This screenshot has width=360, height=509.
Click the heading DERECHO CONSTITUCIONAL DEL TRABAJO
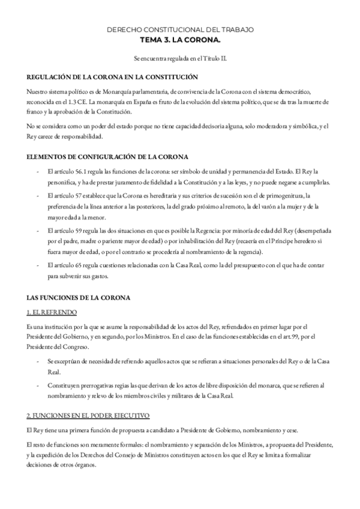coord(179,29)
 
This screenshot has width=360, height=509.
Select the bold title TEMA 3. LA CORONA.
coord(179,39)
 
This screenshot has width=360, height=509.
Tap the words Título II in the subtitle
coord(215,59)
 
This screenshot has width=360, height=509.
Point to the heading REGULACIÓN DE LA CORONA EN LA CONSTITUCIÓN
coord(113,78)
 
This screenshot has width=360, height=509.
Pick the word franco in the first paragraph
coord(36,112)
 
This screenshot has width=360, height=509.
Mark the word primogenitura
coord(285,195)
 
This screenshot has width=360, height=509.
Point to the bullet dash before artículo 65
coord(39,266)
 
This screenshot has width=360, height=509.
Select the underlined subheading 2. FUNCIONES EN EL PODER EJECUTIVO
coord(88,416)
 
